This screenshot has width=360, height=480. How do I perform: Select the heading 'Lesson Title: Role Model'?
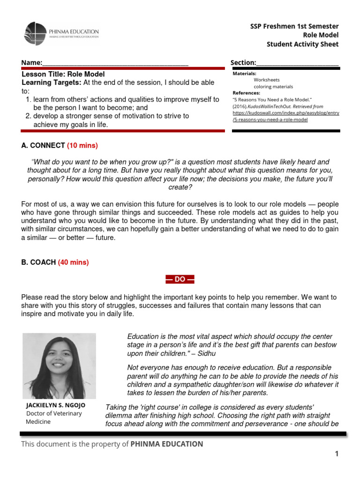click(x=63, y=74)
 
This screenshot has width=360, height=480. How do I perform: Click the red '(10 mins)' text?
click(x=82, y=145)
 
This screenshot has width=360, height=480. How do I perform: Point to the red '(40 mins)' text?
click(x=73, y=262)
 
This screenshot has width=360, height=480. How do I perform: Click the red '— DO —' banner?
click(x=180, y=279)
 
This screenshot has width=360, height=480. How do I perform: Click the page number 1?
click(x=336, y=453)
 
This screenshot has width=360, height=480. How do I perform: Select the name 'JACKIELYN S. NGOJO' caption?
click(x=56, y=405)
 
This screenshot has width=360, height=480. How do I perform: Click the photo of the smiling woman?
click(x=59, y=366)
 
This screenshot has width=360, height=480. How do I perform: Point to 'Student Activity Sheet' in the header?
click(x=302, y=45)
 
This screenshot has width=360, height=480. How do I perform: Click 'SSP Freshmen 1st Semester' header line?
click(x=294, y=26)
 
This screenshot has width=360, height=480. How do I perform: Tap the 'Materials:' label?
click(x=244, y=74)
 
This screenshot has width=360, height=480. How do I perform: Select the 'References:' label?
click(x=246, y=93)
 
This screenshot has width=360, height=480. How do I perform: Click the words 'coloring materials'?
click(x=273, y=87)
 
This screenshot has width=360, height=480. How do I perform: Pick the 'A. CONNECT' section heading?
click(x=43, y=145)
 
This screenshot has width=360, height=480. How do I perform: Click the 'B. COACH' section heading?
click(x=39, y=262)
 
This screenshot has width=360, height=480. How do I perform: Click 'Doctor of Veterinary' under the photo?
click(x=53, y=413)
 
